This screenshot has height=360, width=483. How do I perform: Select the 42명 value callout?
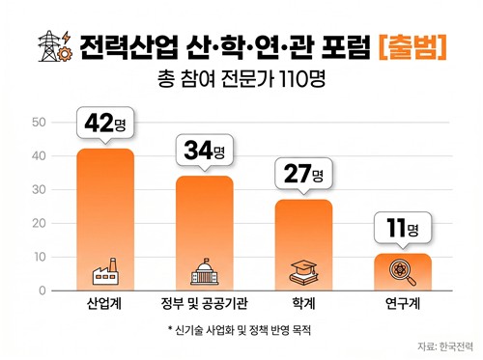click(105, 125)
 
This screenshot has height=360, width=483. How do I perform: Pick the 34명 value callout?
click(204, 152)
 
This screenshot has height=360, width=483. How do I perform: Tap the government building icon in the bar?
click(204, 273)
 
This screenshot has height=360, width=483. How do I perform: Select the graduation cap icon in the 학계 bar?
click(303, 273)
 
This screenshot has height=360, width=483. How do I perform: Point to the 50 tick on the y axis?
click(39, 123)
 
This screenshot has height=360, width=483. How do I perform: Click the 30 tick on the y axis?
click(39, 190)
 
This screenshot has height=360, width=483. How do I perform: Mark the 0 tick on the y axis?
click(42, 291)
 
